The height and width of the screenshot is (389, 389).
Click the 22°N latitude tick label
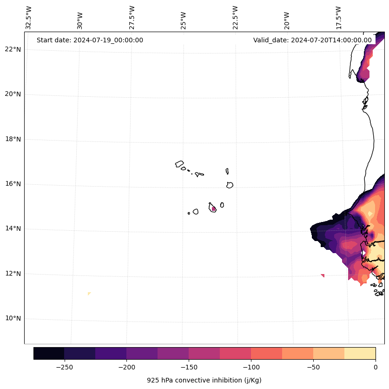13,49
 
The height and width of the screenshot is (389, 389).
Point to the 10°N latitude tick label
13,319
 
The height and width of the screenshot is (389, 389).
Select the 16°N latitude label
13,184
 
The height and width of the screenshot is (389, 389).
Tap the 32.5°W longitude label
29,17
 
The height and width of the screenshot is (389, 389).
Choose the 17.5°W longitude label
338,17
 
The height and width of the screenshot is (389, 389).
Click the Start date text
90,40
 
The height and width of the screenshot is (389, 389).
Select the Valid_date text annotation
312,40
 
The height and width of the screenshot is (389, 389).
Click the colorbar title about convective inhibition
204,380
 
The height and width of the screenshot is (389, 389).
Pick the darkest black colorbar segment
49,353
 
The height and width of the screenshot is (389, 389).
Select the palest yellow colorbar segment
360,353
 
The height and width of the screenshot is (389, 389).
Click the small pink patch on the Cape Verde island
213,209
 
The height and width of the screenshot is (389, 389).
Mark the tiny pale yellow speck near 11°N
89,294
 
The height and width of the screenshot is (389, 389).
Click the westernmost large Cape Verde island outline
179,164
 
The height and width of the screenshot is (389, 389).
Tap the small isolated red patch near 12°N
323,275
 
